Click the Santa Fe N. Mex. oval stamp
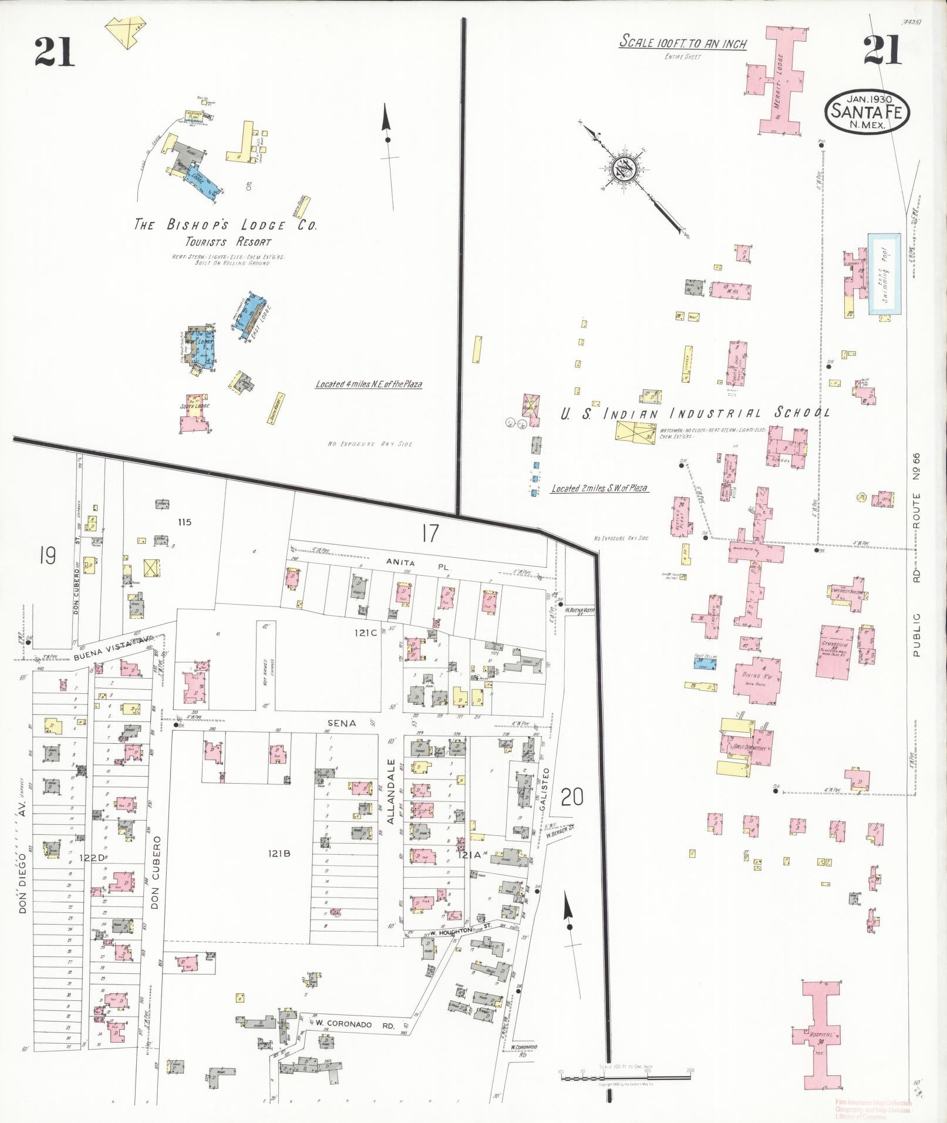pos(867,111)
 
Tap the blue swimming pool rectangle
pos(885,274)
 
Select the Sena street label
pos(341,723)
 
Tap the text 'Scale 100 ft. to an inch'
pos(683,43)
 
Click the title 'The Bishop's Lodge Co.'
pos(225,225)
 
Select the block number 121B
pos(279,854)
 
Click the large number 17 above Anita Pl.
pos(429,534)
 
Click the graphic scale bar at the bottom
pos(626,1078)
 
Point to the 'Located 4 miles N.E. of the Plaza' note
pos(369,385)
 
